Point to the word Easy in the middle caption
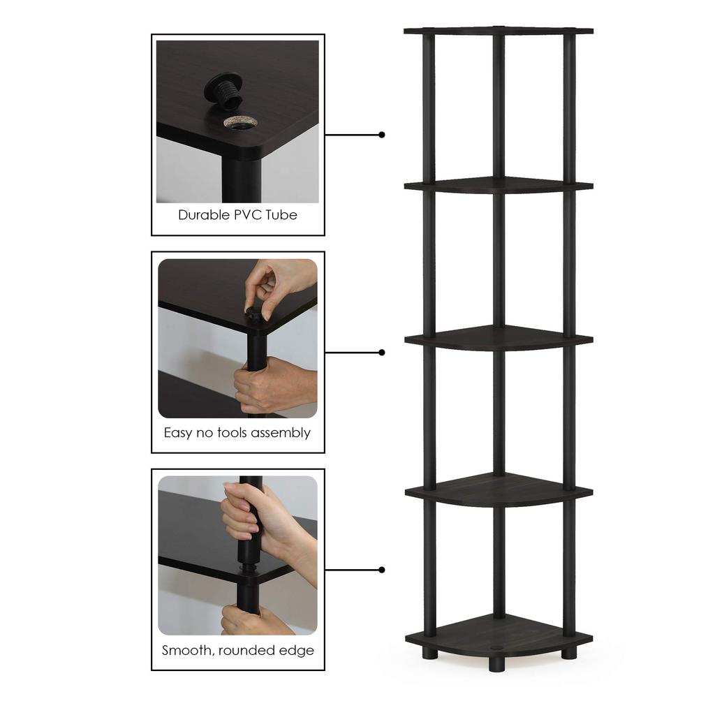(x=178, y=433)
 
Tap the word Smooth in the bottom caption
(x=188, y=651)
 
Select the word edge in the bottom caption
(x=299, y=651)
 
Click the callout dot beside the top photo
(x=382, y=135)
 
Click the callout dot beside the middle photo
(x=382, y=353)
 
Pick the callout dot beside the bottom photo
(x=382, y=570)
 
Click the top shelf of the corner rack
(x=499, y=31)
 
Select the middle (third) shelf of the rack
(x=499, y=338)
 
